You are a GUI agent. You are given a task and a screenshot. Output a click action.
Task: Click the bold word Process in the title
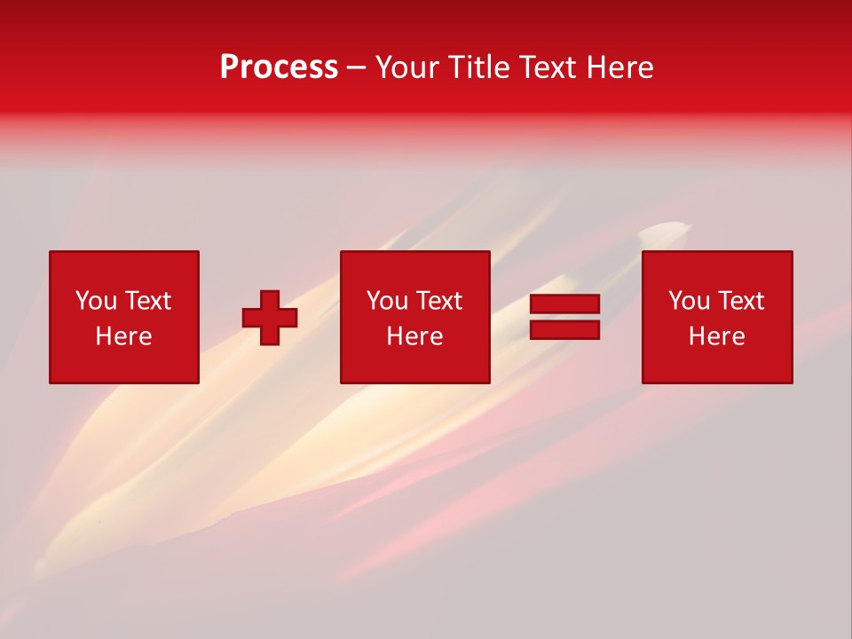(x=279, y=67)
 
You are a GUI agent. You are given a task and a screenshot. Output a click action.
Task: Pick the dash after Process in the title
(x=357, y=68)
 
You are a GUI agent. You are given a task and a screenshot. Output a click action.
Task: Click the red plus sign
(x=270, y=318)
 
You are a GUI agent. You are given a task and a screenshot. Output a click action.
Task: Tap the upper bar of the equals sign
(x=564, y=304)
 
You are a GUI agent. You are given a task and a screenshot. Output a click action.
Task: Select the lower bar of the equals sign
(x=564, y=329)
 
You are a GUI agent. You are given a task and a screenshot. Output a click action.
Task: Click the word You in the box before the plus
(x=96, y=301)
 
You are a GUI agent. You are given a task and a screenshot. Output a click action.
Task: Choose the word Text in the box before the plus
(x=146, y=301)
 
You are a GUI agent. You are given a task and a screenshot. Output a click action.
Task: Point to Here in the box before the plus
(x=123, y=336)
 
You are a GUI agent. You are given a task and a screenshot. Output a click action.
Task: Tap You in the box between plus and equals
(x=387, y=301)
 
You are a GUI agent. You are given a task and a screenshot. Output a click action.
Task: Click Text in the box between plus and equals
(x=438, y=301)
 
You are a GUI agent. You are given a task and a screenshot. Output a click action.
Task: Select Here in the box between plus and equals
(x=415, y=336)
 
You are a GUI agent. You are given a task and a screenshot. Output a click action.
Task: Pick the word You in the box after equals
(x=689, y=301)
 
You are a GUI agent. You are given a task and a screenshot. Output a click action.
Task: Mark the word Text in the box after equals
(x=740, y=301)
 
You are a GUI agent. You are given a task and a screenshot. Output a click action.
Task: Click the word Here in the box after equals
(x=717, y=336)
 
